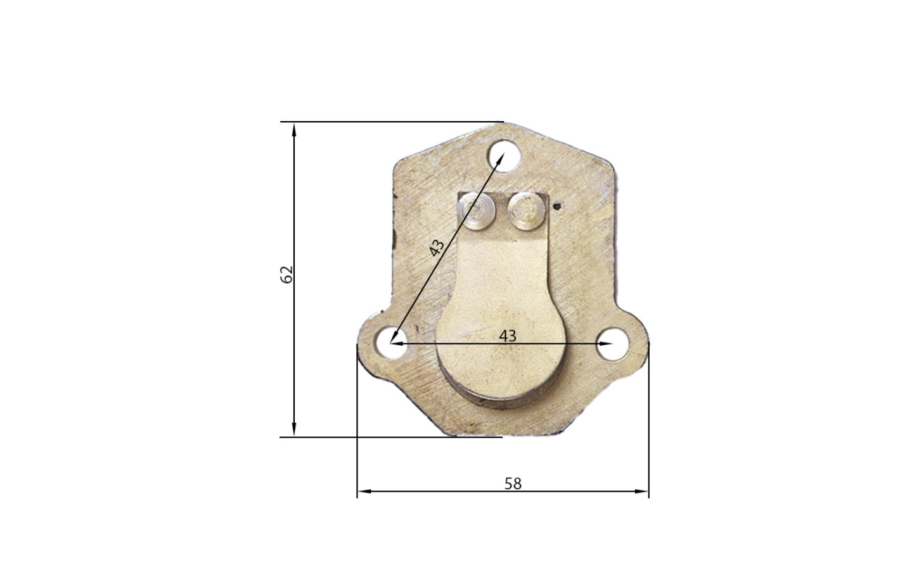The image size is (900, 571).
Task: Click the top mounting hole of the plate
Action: click(x=504, y=155)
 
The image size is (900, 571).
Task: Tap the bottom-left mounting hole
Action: click(x=390, y=343)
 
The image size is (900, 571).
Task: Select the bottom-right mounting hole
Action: click(x=612, y=344)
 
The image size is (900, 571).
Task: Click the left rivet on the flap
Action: click(x=477, y=211)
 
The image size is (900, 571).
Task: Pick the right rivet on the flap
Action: click(x=526, y=211)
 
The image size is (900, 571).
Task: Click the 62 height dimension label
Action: click(x=286, y=275)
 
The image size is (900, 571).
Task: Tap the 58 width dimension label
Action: click(x=513, y=483)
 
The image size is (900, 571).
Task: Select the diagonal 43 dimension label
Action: click(x=437, y=247)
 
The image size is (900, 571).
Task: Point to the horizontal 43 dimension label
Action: click(x=508, y=336)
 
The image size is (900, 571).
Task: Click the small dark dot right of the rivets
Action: click(x=557, y=207)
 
